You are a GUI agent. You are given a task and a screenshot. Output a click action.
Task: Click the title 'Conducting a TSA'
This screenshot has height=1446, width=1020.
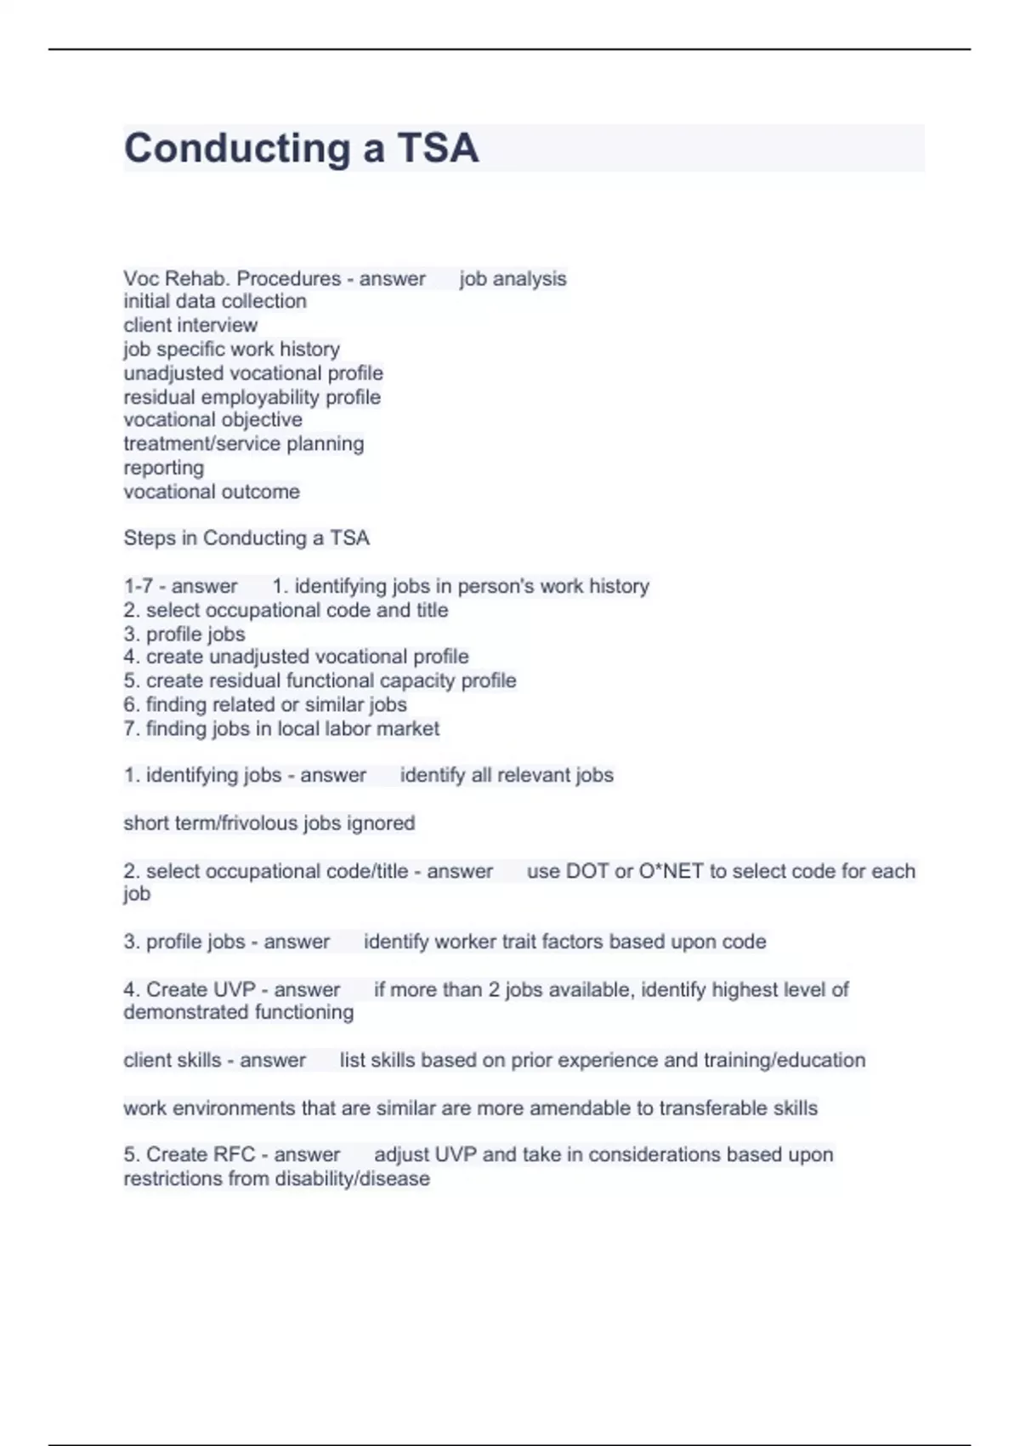click(301, 148)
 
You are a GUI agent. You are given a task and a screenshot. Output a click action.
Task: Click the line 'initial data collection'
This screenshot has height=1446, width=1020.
click(215, 301)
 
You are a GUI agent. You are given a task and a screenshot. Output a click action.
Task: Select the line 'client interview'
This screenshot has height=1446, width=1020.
click(190, 325)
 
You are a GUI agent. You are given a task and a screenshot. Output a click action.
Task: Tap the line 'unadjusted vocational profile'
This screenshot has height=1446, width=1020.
click(253, 373)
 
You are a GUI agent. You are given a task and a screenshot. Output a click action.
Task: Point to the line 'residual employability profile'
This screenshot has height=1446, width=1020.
click(252, 397)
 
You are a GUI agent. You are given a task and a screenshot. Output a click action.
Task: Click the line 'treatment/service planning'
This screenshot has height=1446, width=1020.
click(243, 444)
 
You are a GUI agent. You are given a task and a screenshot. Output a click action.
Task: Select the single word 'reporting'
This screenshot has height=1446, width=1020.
click(163, 468)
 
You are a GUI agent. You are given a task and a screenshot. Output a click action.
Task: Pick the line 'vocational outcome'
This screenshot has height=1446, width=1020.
click(212, 492)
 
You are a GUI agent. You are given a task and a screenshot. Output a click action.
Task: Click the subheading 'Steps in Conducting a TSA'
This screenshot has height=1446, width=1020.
click(246, 538)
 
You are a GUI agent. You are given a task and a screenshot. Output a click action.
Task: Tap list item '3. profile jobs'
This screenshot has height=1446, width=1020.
click(184, 634)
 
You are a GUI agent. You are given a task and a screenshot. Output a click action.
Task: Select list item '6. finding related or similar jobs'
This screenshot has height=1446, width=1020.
click(265, 704)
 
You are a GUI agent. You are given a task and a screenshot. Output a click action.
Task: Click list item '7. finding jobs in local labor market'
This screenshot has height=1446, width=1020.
click(281, 729)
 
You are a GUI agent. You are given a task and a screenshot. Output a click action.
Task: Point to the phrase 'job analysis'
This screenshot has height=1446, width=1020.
click(513, 279)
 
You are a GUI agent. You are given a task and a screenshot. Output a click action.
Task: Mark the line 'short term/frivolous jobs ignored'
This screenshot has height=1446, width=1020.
click(269, 823)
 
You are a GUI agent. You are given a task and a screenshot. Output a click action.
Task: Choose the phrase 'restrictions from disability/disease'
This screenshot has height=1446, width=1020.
click(276, 1179)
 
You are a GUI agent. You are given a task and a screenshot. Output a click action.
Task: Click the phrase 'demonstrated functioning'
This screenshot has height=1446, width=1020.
click(239, 1012)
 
